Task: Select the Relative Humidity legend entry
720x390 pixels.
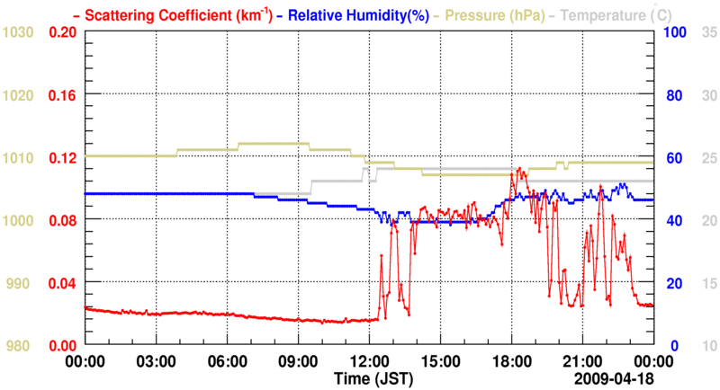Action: (x=355, y=14)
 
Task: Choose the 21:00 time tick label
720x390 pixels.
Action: (x=581, y=361)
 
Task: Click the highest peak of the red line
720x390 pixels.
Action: (x=517, y=168)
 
